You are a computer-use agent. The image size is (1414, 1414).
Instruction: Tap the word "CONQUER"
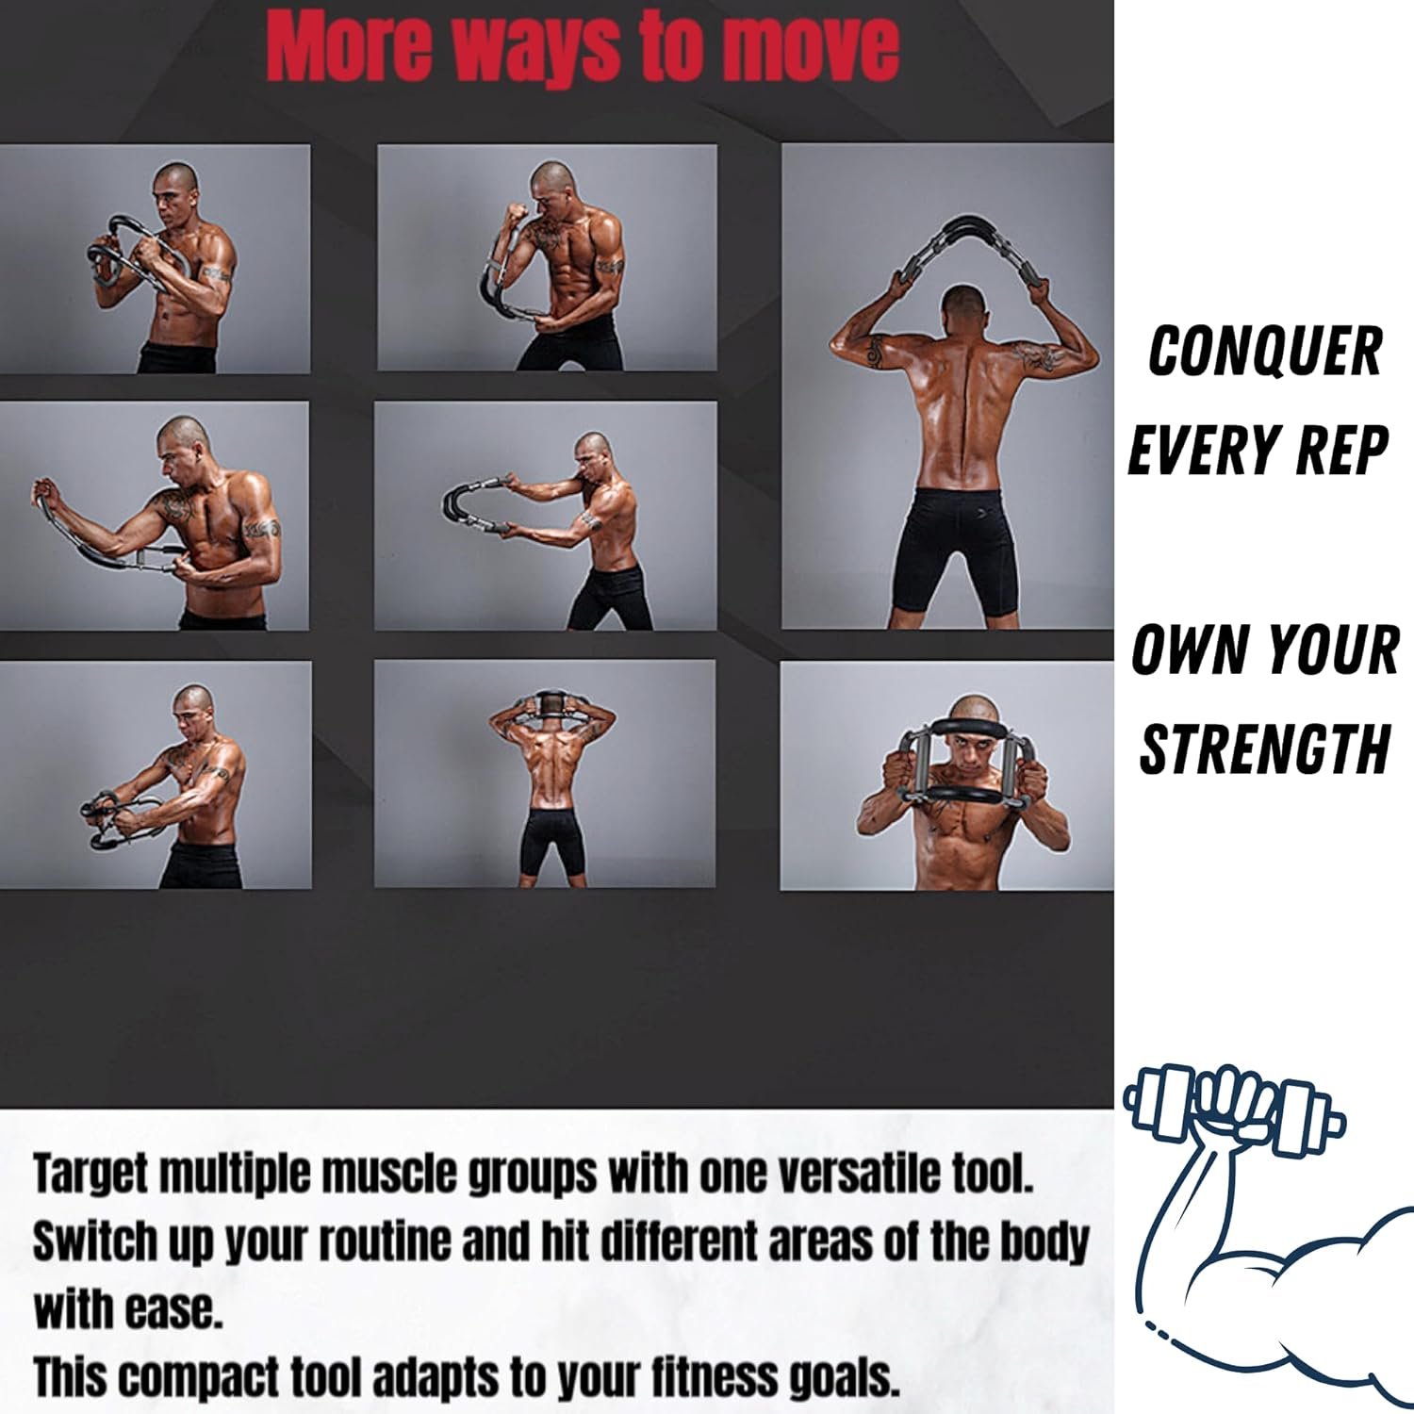point(1264,352)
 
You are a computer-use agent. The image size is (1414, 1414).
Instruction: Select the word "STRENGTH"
point(1264,748)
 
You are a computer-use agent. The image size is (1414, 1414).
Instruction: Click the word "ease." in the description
point(175,1311)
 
